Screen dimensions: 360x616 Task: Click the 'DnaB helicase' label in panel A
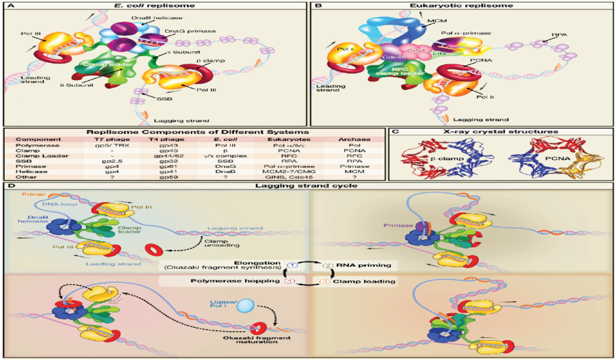point(135,18)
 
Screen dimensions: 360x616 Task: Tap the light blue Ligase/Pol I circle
point(247,305)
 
